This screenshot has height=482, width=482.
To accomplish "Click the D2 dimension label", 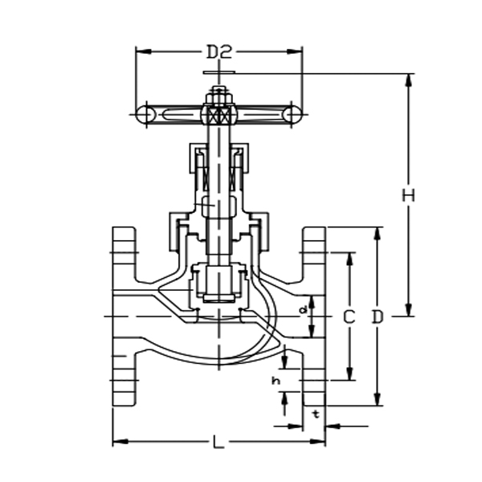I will point(219,52).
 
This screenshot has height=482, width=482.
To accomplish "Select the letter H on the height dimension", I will point(409,195).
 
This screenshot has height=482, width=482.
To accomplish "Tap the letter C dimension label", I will point(349,317).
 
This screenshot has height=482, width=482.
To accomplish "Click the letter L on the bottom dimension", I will point(219,442).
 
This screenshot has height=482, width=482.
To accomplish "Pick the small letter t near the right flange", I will point(316,415).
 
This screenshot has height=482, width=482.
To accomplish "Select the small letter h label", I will point(276,380).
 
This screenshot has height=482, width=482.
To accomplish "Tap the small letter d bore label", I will point(303,308).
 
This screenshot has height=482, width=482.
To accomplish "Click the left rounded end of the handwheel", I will point(145,115).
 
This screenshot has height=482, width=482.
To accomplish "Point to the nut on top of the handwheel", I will point(218,100).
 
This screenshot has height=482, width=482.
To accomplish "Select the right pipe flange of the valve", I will point(314,317).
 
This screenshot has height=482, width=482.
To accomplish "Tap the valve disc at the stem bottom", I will point(218,285).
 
